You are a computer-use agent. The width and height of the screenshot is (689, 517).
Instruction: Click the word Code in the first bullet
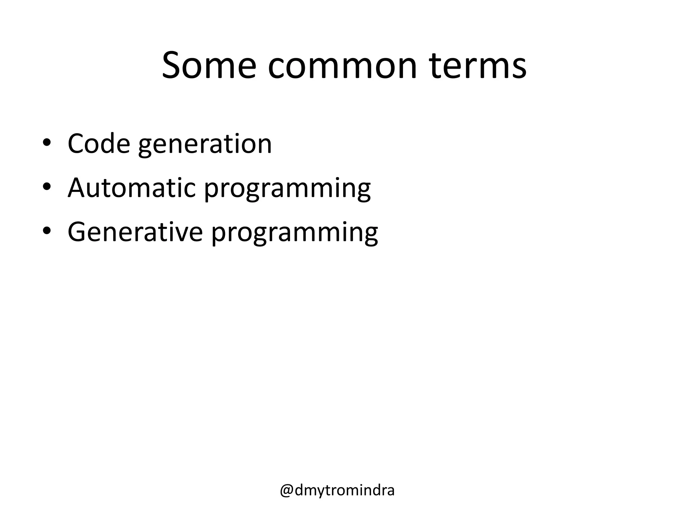click(99, 144)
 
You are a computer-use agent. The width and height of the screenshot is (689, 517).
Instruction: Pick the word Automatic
click(132, 187)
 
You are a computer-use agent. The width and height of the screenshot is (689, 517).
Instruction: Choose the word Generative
click(135, 232)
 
